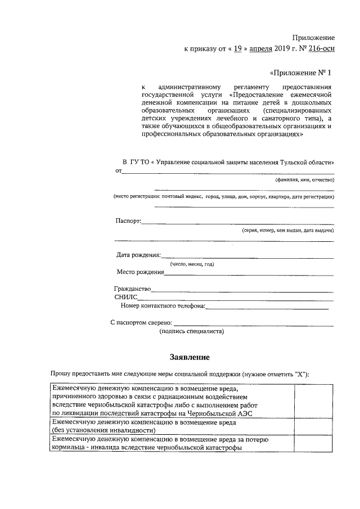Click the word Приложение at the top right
tap(314, 37)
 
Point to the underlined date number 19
tap(238, 48)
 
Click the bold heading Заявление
tap(190, 357)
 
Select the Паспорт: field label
tap(128, 220)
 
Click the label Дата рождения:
tap(138, 255)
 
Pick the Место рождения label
tap(140, 272)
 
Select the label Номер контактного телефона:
tap(163, 306)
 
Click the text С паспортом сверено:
tap(141, 323)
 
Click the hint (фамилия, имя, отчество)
tap(304, 180)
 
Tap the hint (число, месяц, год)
tap(192, 264)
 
